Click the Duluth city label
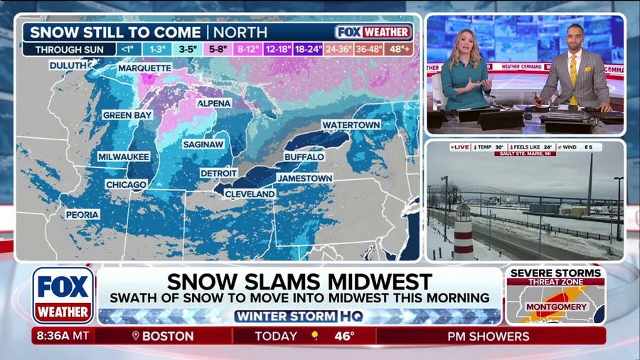pos(68,65)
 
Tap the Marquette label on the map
pos(144,68)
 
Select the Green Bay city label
pos(127,115)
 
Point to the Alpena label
pos(214,103)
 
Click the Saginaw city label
pos(203,144)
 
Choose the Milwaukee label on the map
pos(123,157)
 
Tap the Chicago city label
pos(126,184)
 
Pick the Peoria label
pos(82,214)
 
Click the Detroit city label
pos(219,173)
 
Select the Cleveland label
pos(250,194)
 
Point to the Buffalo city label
pos(304,156)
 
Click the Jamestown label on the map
pos(304,177)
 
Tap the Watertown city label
pos(351,125)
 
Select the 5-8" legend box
pos(218,50)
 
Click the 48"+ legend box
pos(398,50)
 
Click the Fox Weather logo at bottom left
pos(63,295)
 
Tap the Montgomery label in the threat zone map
pos(556,307)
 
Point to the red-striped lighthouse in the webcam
pos(463,231)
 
